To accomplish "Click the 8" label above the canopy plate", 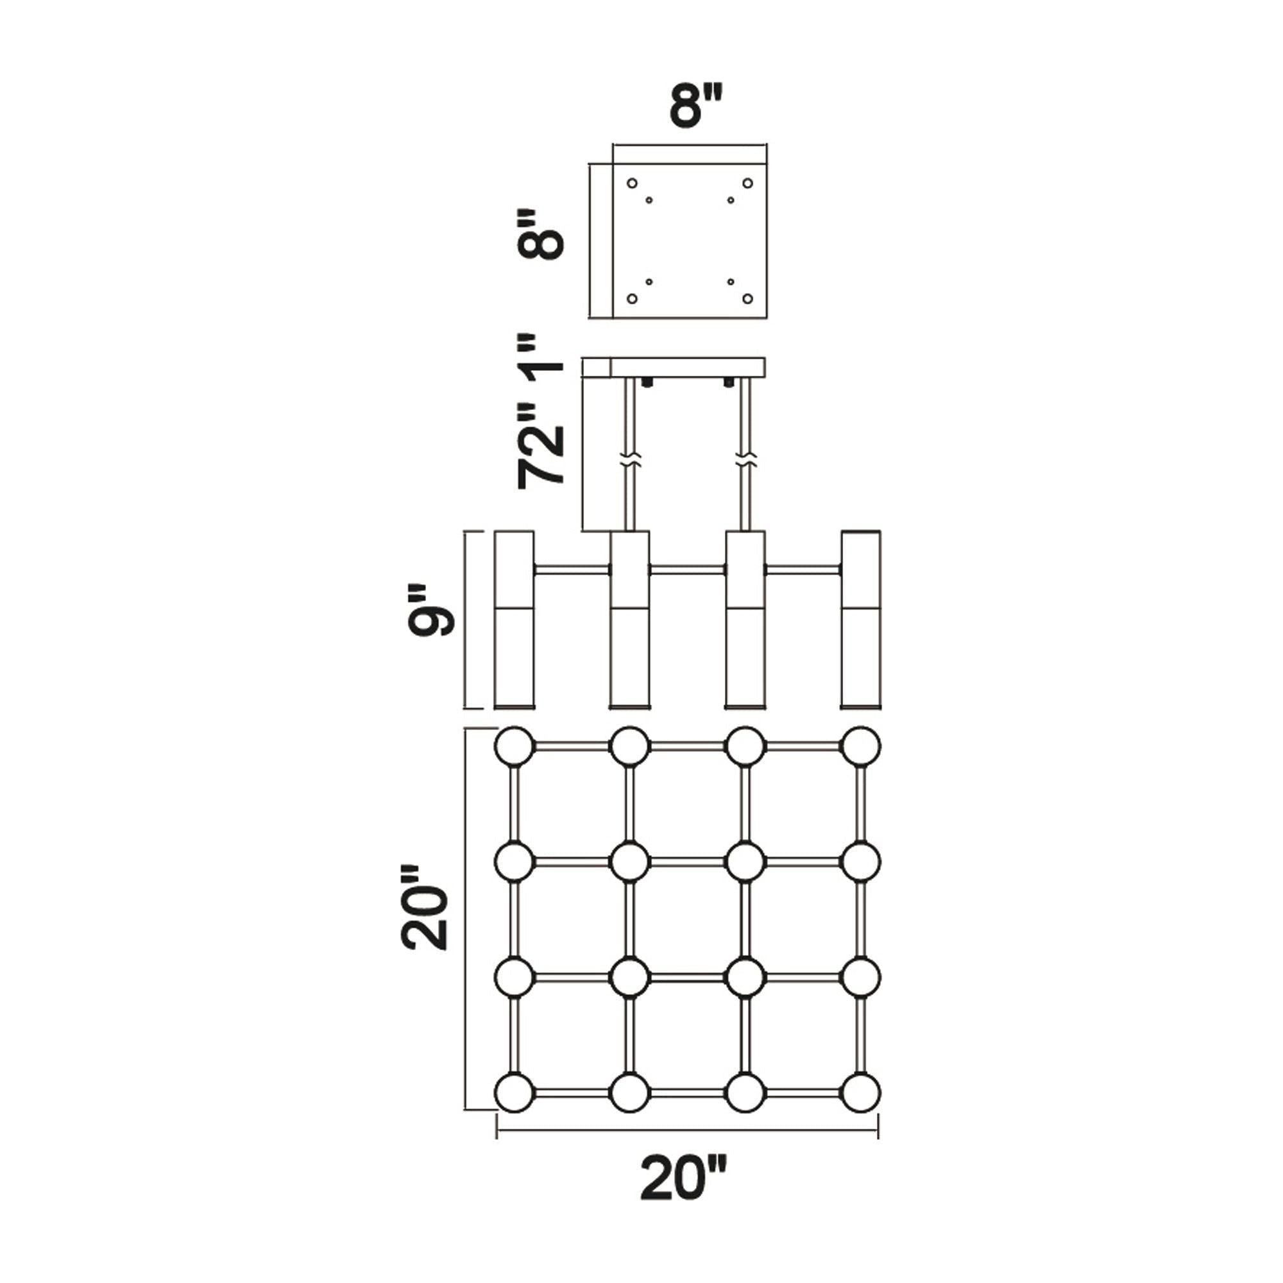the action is [695, 105].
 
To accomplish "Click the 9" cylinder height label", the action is [432, 610].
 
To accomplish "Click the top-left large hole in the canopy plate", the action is [633, 183].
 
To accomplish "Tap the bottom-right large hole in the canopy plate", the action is [748, 299].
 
